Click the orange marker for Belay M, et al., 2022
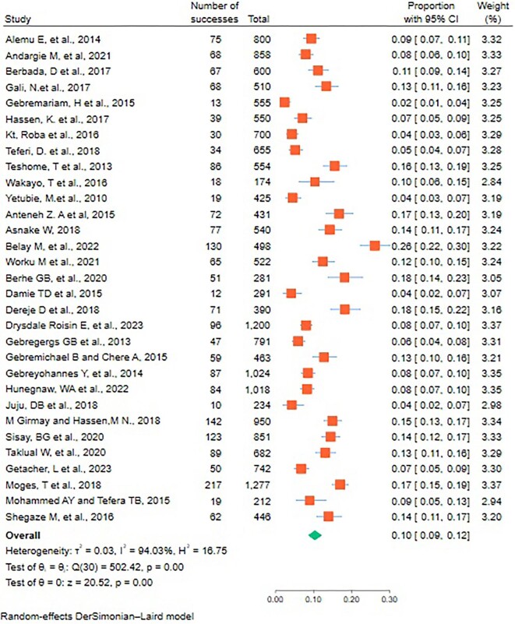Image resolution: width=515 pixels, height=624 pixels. coord(375,245)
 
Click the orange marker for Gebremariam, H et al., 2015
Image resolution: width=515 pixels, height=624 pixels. coord(284,102)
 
